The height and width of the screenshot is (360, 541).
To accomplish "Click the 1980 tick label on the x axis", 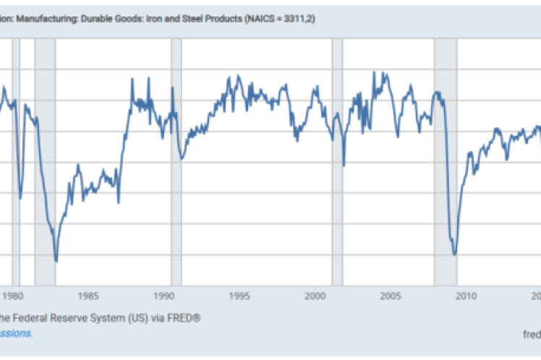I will [14, 296].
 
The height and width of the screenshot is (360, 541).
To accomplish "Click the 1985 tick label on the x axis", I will [89, 296].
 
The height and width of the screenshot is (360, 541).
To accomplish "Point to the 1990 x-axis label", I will [164, 296].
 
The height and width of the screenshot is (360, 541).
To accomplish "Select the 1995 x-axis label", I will [239, 296].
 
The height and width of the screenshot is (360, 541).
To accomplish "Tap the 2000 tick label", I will [315, 296].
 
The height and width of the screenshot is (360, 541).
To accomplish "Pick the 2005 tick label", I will [391, 296].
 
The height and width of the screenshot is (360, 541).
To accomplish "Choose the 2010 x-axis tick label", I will [465, 296].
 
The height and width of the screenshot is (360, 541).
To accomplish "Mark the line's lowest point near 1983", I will [56, 261].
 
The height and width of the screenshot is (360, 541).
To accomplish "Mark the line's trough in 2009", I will [454, 254].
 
